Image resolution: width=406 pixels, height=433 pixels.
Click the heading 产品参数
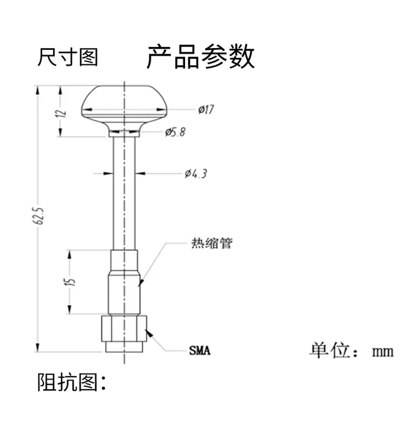click(x=200, y=56)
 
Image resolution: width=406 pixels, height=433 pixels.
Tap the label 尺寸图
click(x=68, y=56)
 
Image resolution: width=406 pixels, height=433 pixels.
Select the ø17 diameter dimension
click(x=206, y=110)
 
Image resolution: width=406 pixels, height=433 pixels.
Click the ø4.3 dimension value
click(x=195, y=174)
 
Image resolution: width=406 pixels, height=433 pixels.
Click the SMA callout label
click(x=200, y=351)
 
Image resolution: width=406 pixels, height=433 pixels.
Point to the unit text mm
click(x=382, y=351)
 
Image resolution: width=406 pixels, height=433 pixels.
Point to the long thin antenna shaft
click(x=125, y=195)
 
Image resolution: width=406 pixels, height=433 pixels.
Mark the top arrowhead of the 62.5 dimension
click(x=38, y=89)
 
